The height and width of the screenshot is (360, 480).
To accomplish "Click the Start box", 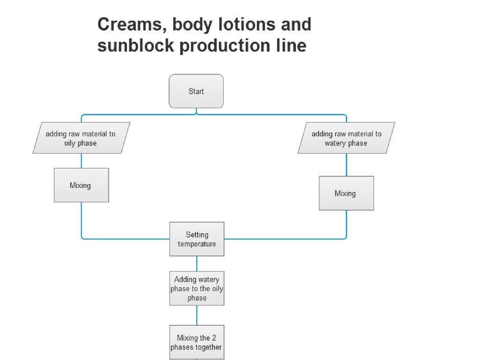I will (x=196, y=91).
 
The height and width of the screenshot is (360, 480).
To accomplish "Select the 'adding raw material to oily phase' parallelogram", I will (x=81, y=138).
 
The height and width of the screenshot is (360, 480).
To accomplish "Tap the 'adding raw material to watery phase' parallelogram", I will (x=346, y=138).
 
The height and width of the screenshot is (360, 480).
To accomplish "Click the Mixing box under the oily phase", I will (x=81, y=185).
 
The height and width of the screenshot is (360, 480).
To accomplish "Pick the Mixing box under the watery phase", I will (x=346, y=193).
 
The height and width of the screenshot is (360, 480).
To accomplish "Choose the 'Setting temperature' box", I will (x=197, y=239).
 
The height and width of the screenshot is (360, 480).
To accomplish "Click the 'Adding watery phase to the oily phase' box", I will (x=197, y=288).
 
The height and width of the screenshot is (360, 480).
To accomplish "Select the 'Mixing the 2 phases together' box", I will (x=197, y=342).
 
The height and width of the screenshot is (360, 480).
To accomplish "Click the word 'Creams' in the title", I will (x=128, y=24).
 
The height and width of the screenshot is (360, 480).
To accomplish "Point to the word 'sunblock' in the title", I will (x=136, y=46).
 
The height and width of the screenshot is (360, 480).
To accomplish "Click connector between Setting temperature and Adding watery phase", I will (x=197, y=263).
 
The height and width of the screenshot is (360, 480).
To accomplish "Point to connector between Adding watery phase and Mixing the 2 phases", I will (x=197, y=315).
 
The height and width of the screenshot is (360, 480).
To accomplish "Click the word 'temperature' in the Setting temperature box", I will (x=197, y=244).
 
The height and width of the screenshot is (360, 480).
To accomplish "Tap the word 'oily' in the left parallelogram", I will (x=71, y=143).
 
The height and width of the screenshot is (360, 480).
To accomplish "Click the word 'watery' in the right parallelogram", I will (x=335, y=143).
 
